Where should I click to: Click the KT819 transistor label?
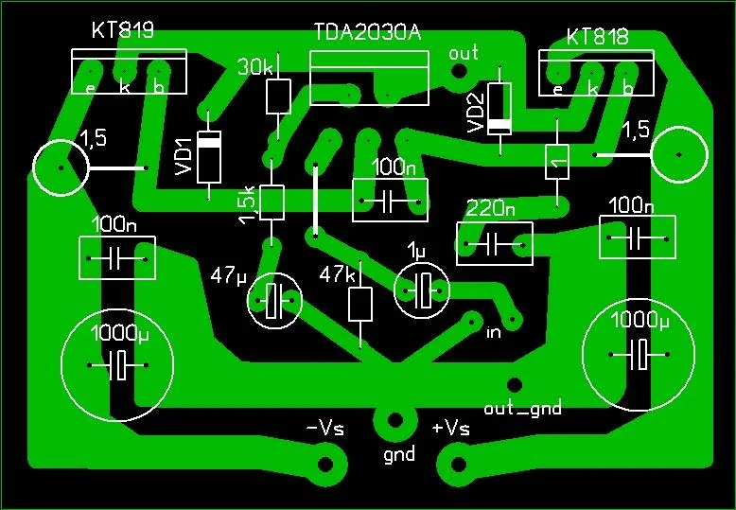(123, 30)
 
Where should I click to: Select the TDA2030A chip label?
(368, 33)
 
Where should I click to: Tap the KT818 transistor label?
(597, 37)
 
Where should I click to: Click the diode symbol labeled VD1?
(208, 157)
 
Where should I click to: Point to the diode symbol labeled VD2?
(499, 109)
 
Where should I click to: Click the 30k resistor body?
(278, 97)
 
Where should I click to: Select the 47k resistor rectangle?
(360, 305)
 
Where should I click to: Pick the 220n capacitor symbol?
(494, 244)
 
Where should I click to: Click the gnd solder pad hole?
(395, 420)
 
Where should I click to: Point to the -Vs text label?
(324, 429)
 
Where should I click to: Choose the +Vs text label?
(450, 429)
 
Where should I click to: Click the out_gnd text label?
(522, 408)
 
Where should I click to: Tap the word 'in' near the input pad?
(493, 332)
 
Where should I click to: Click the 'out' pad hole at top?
(459, 71)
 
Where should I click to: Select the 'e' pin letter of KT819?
(89, 88)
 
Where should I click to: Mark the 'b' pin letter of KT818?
(627, 88)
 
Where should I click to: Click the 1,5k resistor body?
(272, 202)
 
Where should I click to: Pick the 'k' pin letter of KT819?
(124, 86)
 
